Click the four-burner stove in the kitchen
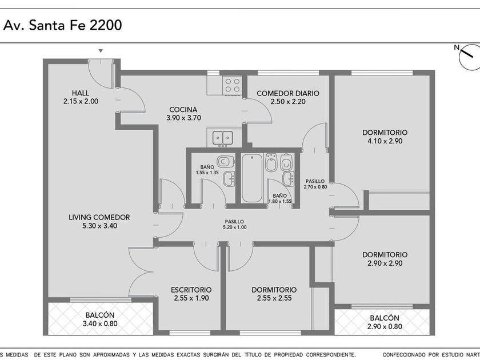pyautogui.click(x=233, y=85)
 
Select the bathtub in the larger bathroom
pyautogui.click(x=252, y=178)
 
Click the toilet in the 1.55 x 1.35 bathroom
pyautogui.click(x=225, y=161)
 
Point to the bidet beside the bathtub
pyautogui.click(x=271, y=162)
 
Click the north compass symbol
pyautogui.click(x=469, y=57)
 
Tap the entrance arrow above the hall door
pyautogui.click(x=101, y=51)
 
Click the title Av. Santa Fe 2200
pyautogui.click(x=63, y=25)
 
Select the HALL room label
pyautogui.click(x=81, y=93)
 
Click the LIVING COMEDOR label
pyautogui.click(x=99, y=217)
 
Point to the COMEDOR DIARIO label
pyautogui.click(x=288, y=93)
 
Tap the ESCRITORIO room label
pyautogui.click(x=191, y=290)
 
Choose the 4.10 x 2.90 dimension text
pyautogui.click(x=385, y=141)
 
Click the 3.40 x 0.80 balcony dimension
pyautogui.click(x=100, y=323)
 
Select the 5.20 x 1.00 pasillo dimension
pyautogui.click(x=235, y=227)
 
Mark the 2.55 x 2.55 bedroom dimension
pyautogui.click(x=274, y=298)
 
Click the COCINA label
pyautogui.click(x=183, y=110)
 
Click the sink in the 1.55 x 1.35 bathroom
pyautogui.click(x=229, y=179)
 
